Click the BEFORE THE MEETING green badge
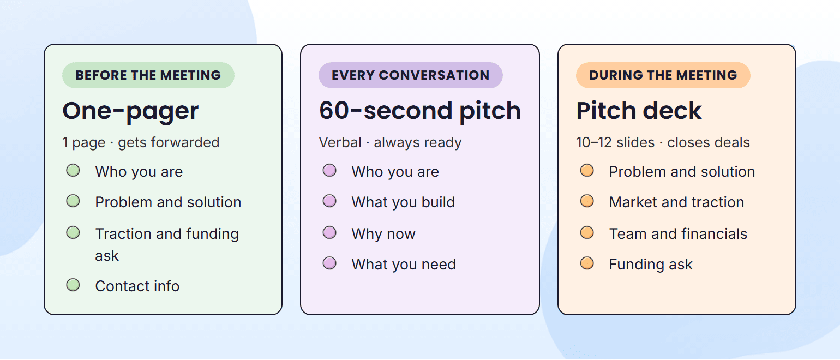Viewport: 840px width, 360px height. (148, 75)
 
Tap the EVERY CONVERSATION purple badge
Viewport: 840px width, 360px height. (410, 75)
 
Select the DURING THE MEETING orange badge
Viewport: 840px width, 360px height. (663, 75)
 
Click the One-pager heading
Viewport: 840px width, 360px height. (130, 111)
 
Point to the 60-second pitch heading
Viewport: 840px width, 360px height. (419, 111)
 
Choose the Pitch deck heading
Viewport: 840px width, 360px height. (639, 111)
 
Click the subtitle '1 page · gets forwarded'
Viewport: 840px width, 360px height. (141, 142)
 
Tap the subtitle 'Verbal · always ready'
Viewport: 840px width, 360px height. (390, 142)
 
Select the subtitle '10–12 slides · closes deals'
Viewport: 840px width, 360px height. (663, 142)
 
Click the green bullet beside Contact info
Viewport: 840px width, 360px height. (73, 285)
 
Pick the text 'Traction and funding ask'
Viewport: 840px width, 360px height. (167, 244)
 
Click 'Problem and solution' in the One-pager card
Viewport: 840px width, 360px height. (168, 202)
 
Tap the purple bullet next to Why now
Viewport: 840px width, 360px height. (329, 233)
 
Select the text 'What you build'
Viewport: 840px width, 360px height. (403, 202)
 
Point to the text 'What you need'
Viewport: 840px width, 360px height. (404, 265)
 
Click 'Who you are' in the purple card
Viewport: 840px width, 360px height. (395, 172)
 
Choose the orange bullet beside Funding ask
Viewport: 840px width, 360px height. (587, 263)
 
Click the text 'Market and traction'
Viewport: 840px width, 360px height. (676, 202)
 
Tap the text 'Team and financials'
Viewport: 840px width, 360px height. (678, 233)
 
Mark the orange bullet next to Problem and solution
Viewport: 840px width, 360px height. (587, 171)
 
